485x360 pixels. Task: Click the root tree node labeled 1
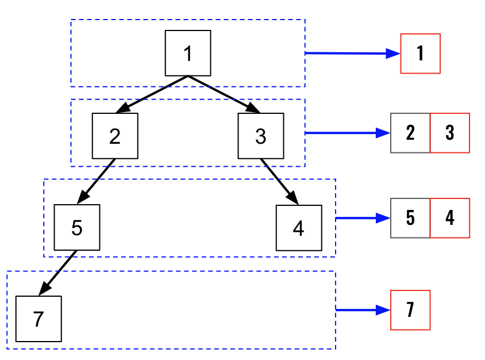(x=188, y=53)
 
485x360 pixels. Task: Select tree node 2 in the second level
(x=115, y=136)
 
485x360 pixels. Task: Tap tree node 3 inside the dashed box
(x=260, y=136)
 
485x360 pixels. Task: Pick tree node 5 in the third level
(x=77, y=227)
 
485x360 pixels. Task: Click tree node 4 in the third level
(x=298, y=228)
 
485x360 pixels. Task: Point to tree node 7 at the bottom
(x=39, y=319)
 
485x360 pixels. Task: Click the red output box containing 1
(x=420, y=53)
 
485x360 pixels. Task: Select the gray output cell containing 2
(x=410, y=133)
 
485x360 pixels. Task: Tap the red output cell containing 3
(x=449, y=133)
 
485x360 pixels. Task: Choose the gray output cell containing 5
(x=410, y=218)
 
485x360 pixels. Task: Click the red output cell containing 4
(x=449, y=218)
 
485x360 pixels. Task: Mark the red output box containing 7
(x=410, y=310)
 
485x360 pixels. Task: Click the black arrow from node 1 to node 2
(x=152, y=94)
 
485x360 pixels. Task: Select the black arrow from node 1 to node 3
(x=224, y=94)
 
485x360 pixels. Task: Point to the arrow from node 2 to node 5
(x=96, y=181)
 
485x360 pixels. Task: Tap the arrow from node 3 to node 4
(x=279, y=181)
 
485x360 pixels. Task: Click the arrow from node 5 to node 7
(x=58, y=273)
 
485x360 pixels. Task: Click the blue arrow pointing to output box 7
(x=363, y=310)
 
